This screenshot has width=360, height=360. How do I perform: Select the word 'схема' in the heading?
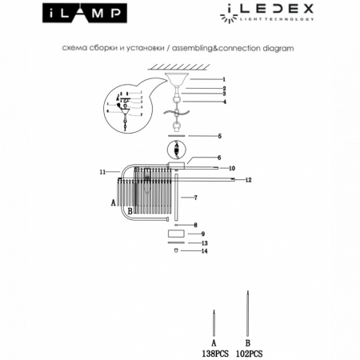point(74,48)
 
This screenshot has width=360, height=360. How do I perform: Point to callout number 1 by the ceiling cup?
point(225,79)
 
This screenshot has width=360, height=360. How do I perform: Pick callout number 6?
point(219,158)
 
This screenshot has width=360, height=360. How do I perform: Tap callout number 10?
point(230,168)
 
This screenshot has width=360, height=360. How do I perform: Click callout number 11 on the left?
point(102,172)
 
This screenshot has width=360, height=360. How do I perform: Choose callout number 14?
point(205,251)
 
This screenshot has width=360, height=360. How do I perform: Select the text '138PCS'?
point(214,352)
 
